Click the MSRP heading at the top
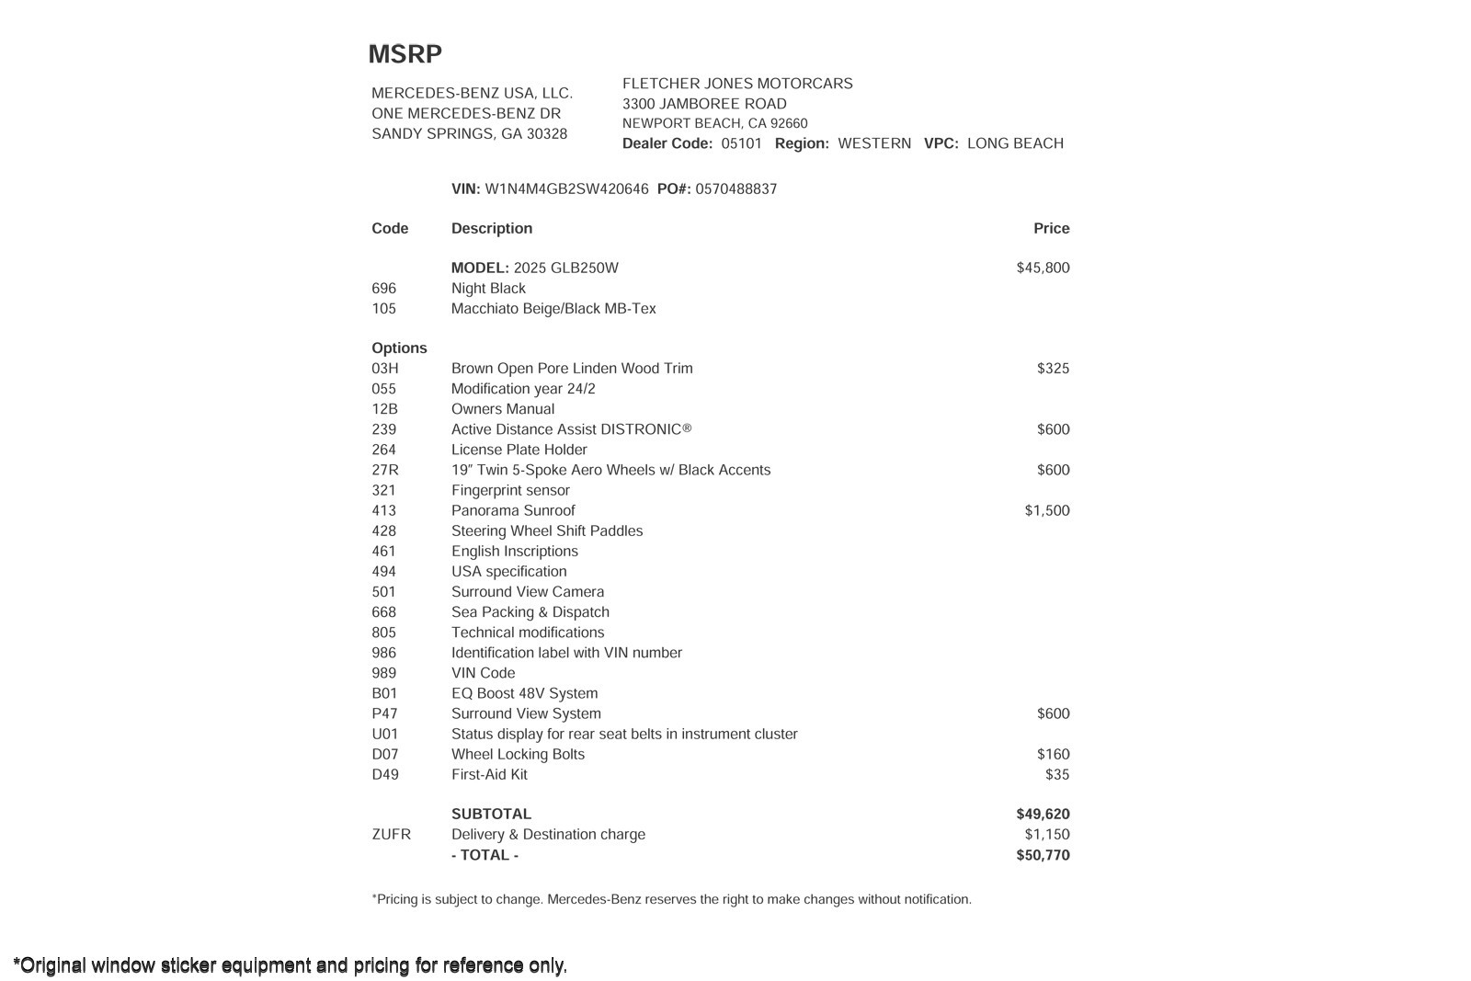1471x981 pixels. [x=405, y=54]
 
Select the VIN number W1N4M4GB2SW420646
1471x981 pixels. [x=566, y=189]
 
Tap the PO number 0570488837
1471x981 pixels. [x=735, y=189]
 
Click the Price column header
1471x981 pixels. [x=1051, y=228]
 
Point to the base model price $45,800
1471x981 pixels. [x=1043, y=268]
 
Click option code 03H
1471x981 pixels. [x=385, y=369]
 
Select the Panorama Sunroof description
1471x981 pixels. [x=513, y=510]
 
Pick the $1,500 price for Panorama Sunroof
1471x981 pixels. [x=1046, y=510]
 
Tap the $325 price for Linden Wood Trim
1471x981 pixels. [x=1053, y=369]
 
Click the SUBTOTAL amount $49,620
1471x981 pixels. [x=1043, y=814]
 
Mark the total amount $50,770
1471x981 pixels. [x=1043, y=855]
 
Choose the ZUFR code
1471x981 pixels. [x=391, y=835]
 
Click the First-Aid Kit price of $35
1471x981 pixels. [x=1057, y=774]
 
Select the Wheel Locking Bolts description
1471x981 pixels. [x=518, y=754]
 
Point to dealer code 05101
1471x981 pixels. [x=741, y=143]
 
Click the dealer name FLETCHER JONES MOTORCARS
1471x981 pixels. [x=737, y=84]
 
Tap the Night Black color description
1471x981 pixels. [x=488, y=288]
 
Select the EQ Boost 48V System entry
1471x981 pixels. [x=524, y=693]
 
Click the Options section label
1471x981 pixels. [x=399, y=348]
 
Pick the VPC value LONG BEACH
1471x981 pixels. [x=1015, y=143]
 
